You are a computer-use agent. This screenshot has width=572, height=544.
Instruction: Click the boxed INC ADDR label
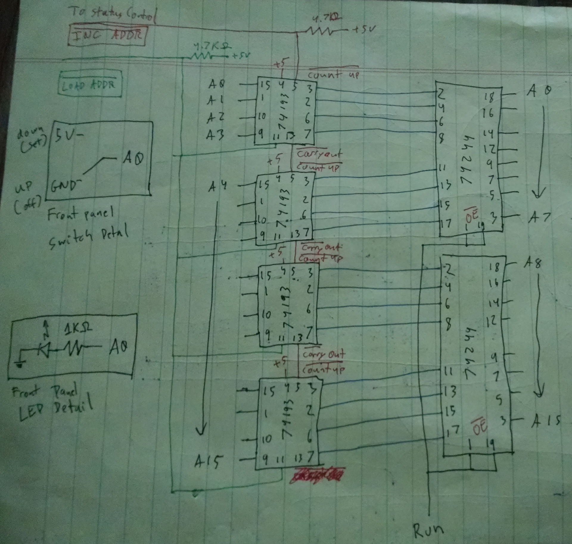(x=107, y=36)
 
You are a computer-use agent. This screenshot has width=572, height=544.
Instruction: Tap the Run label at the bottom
(x=428, y=529)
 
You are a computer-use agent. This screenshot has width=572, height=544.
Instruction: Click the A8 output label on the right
(x=533, y=263)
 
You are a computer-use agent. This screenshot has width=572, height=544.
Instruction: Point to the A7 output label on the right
(x=540, y=218)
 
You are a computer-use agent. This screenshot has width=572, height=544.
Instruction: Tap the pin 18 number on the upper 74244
(x=489, y=97)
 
